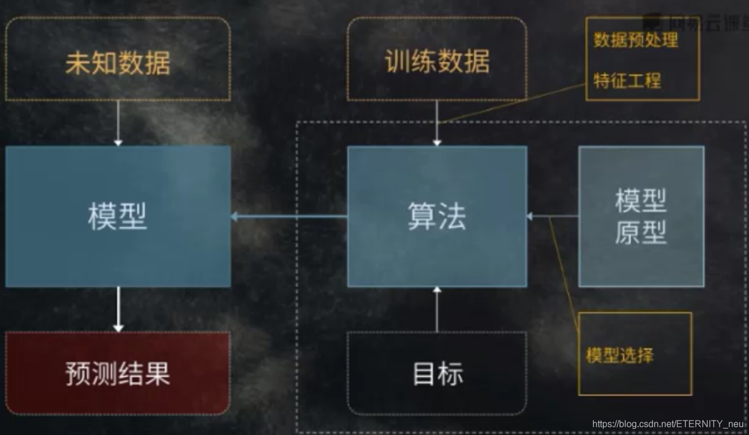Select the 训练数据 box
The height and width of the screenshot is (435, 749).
pos(437,60)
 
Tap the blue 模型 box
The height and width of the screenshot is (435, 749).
pos(118,216)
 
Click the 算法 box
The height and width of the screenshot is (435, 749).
pos(437,216)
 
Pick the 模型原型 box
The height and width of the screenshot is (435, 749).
pos(641,216)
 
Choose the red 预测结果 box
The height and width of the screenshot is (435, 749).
pos(118,373)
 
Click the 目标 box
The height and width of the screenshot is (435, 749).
pos(437,373)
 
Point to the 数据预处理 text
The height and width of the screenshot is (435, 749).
pos(636,40)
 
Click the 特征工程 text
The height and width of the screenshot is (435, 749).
pos(627,80)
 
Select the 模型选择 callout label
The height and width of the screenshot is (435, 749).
pos(620,355)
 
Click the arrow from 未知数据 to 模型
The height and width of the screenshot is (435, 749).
pos(118,123)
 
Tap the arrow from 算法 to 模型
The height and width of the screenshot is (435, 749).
pos(289,216)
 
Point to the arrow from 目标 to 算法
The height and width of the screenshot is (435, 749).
pos(437,309)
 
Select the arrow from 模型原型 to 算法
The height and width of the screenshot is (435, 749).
pos(553,216)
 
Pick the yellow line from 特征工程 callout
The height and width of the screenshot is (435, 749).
pos(514,104)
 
